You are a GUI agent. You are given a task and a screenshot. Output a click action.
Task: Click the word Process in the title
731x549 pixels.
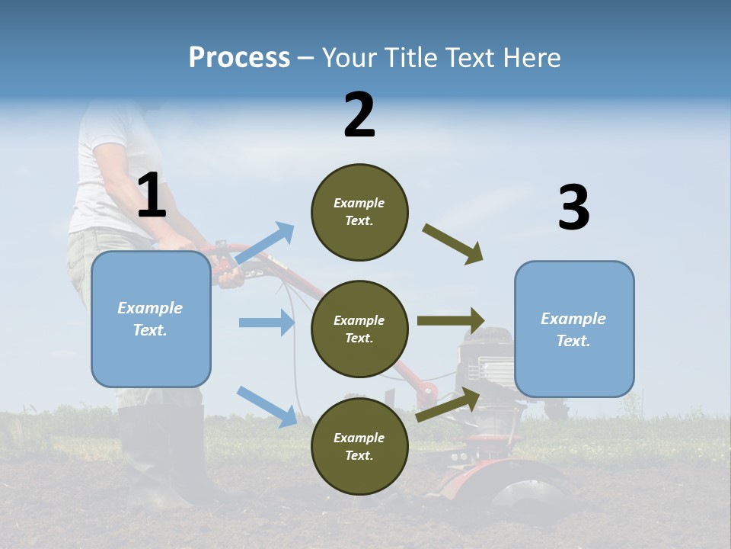click(x=239, y=57)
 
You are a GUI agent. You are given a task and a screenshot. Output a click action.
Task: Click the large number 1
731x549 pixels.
click(x=152, y=196)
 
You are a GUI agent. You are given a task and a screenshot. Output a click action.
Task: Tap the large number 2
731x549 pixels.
click(x=359, y=115)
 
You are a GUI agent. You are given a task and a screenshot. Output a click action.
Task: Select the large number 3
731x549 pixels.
click(x=573, y=208)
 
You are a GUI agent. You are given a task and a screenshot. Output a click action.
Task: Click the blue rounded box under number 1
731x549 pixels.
click(x=151, y=319)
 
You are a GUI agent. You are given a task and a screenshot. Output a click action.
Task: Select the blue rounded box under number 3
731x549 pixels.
click(x=574, y=329)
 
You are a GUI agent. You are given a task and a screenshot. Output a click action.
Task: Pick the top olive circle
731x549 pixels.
click(x=359, y=212)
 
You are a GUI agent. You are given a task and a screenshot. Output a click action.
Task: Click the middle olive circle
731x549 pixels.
click(x=359, y=329)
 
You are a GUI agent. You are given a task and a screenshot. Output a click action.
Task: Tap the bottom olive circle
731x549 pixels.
click(x=359, y=446)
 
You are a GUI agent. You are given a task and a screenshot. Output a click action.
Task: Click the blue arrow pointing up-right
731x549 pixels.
click(x=265, y=243)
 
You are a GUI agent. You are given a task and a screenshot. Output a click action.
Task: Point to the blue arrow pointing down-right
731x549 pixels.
click(x=267, y=406)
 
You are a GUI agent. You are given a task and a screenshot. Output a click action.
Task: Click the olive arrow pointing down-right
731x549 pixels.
click(x=452, y=244)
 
